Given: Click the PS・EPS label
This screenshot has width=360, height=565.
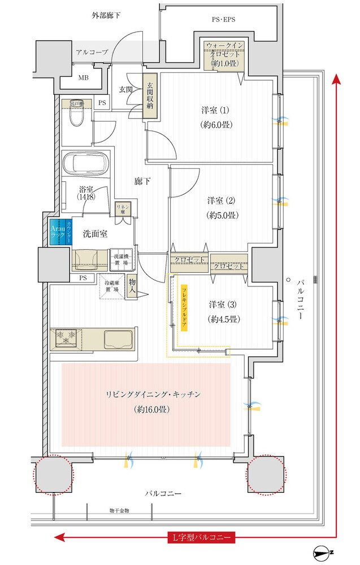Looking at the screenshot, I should click(x=223, y=19).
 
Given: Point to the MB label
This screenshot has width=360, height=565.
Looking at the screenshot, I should click(x=83, y=77).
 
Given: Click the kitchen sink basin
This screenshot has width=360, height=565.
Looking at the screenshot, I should click(x=119, y=339).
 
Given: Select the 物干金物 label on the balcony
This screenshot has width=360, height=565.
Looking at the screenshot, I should click(x=119, y=511).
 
